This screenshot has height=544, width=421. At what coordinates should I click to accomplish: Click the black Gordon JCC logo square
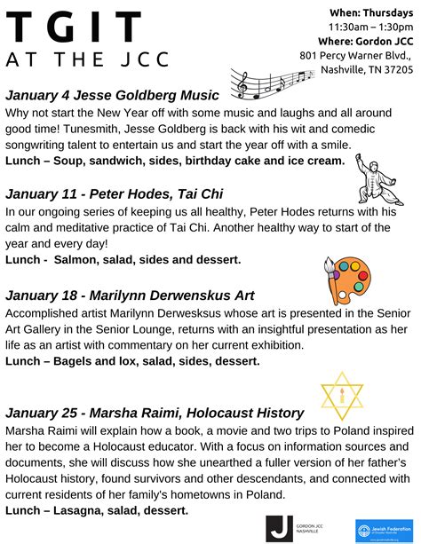[279, 528]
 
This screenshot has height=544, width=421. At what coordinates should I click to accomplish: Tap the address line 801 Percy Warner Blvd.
[357, 55]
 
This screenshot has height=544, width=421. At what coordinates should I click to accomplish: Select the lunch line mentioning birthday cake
[174, 161]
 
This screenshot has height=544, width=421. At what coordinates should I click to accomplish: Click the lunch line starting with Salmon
[123, 259]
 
